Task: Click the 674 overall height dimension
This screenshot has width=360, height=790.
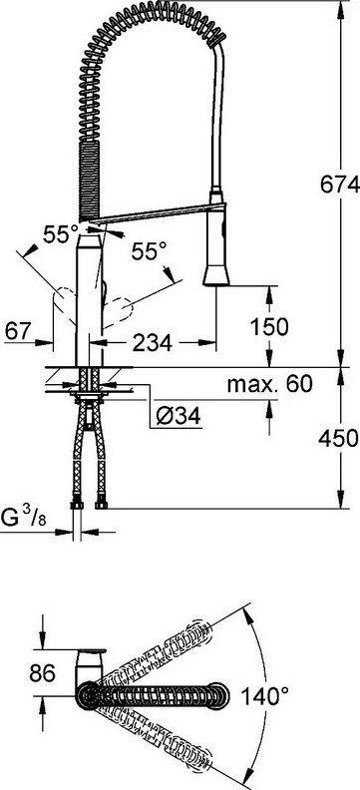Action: coord(339,185)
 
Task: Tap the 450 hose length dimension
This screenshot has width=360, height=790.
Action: coord(338,438)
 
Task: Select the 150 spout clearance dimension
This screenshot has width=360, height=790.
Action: coord(270,327)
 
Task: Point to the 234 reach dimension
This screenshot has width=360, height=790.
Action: coord(152,343)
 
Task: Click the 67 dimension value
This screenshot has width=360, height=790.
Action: coord(19,331)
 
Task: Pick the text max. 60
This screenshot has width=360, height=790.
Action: coord(270,384)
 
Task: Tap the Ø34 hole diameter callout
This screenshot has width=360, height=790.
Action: coord(178,416)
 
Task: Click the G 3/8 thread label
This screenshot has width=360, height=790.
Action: coord(24,517)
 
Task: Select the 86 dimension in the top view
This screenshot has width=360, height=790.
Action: coord(42,673)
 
